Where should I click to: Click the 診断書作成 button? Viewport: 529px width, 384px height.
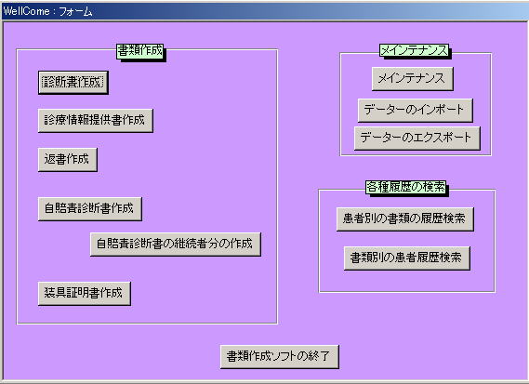pyautogui.click(x=73, y=83)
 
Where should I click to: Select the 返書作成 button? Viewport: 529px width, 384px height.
pyautogui.click(x=68, y=159)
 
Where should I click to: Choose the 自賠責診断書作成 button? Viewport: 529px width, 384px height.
pyautogui.click(x=90, y=209)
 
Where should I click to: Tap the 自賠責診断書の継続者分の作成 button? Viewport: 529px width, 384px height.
pyautogui.click(x=176, y=244)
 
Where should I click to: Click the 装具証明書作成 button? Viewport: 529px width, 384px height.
pyautogui.click(x=85, y=293)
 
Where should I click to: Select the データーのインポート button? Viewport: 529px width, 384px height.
pyautogui.click(x=415, y=111)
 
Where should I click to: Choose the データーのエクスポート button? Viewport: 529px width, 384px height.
pyautogui.click(x=417, y=138)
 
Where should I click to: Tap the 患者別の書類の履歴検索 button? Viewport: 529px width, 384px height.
pyautogui.click(x=404, y=219)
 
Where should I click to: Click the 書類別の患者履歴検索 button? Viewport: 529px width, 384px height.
pyautogui.click(x=407, y=258)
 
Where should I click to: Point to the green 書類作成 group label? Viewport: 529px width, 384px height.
pyautogui.click(x=140, y=51)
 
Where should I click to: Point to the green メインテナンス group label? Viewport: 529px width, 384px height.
pyautogui.click(x=415, y=50)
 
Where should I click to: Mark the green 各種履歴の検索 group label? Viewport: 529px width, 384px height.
pyautogui.click(x=406, y=187)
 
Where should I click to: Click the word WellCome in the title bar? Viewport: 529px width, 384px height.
pyautogui.click(x=26, y=11)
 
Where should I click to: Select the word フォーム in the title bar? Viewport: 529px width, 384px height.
pyautogui.click(x=75, y=11)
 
